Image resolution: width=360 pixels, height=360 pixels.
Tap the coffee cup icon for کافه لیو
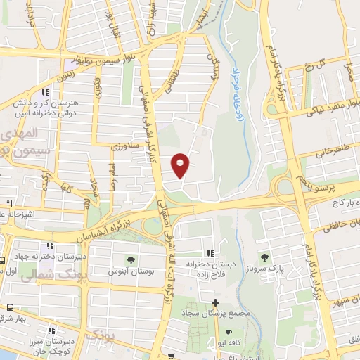[x=228, y=333]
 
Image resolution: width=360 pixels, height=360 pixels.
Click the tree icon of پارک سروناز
[x=264, y=257]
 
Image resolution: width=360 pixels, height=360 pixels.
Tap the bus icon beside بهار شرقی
[x=11, y=307]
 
